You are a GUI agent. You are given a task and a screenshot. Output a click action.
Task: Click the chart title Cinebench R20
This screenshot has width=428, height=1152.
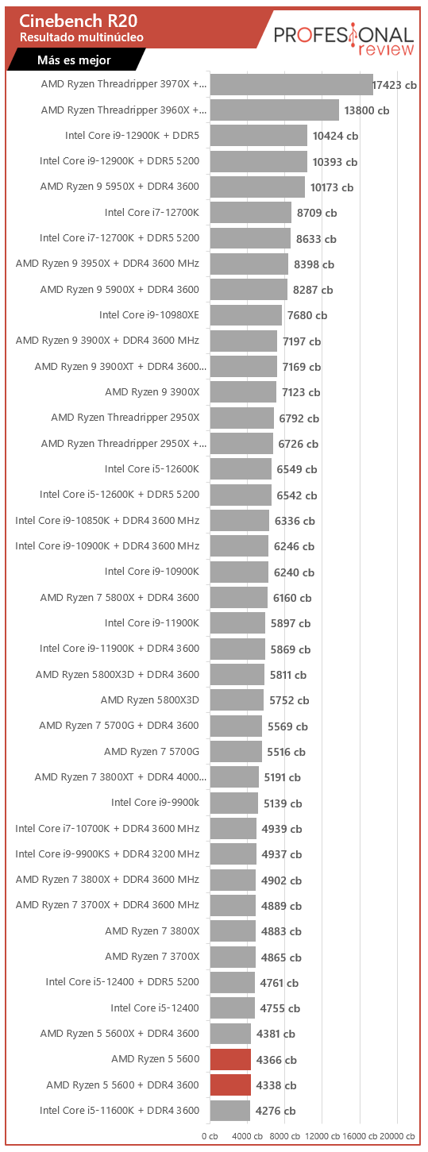coord(78,21)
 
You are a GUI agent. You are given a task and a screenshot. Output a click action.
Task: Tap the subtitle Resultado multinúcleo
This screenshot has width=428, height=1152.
coord(81,37)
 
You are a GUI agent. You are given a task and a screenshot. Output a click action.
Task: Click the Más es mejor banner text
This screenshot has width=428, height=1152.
coord(74,60)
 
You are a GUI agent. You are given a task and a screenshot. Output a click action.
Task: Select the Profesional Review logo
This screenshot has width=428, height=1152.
coord(343,40)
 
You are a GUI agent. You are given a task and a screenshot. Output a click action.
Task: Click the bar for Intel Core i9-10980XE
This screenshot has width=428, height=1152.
coord(246,315)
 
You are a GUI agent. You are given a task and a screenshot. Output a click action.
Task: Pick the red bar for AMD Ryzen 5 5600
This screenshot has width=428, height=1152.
coord(230,1059)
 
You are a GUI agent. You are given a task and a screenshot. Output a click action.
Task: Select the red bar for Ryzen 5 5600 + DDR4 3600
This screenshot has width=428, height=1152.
coord(230,1085)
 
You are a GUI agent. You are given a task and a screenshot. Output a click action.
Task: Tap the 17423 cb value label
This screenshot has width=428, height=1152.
coord(395,86)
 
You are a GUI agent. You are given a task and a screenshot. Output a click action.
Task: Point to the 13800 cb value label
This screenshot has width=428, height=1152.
coord(367,110)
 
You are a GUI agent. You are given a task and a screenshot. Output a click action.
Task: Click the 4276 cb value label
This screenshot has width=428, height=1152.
coord(276,1111)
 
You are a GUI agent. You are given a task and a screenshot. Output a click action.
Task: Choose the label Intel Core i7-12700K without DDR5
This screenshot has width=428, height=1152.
coord(152,213)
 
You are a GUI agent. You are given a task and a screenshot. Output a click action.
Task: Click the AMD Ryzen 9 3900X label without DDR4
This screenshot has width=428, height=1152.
coord(152,392)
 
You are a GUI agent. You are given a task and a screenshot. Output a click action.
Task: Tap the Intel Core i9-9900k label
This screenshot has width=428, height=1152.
coord(156,803)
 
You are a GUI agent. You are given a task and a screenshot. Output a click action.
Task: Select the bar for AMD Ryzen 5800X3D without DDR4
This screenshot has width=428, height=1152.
coord(237,700)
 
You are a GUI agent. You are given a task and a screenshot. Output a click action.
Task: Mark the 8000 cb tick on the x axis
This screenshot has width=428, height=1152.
coord(285,1136)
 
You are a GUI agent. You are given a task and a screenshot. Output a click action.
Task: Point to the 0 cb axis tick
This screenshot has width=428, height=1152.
coord(210,1136)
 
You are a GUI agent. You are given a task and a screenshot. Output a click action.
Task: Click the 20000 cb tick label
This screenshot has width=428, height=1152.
coord(397,1136)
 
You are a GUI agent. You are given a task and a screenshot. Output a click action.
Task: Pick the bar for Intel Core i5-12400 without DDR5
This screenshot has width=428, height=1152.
coord(233,1008)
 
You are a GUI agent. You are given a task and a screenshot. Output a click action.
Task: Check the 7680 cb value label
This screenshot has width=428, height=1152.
coord(307,316)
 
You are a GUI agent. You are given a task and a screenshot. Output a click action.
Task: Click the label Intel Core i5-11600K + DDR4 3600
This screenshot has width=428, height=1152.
coord(119,1111)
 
